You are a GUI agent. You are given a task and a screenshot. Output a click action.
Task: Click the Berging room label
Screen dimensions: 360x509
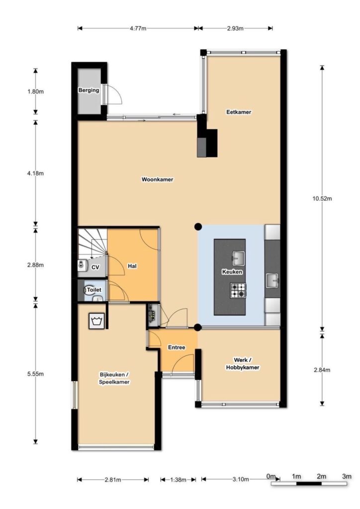[89, 90]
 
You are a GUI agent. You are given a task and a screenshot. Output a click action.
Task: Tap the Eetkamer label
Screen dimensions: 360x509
[239, 112]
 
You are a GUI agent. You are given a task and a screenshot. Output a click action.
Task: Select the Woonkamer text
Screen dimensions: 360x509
[158, 179]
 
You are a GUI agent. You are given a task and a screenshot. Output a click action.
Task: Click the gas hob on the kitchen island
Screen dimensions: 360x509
[238, 290]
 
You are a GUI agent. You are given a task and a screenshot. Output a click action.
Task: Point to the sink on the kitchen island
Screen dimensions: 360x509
[238, 258]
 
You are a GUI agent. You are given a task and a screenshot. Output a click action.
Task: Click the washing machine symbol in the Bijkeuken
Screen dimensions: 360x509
[96, 321]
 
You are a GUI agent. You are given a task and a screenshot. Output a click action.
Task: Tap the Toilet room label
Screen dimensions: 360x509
[94, 290]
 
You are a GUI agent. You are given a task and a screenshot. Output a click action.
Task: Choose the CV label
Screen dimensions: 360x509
[95, 267]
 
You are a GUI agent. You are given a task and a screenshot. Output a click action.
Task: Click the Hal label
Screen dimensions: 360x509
[132, 266]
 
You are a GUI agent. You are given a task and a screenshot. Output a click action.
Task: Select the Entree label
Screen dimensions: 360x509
[177, 347]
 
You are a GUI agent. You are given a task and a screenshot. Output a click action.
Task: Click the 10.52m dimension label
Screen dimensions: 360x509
[322, 199]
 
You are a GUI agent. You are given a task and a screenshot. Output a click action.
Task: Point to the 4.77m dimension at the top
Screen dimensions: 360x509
[138, 28]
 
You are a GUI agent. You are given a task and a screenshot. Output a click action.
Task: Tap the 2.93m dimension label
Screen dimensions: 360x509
[235, 28]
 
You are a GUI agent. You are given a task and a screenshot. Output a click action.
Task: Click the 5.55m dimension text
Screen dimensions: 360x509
[36, 374]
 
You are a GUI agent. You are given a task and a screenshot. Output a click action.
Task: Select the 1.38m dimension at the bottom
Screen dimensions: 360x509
[178, 480]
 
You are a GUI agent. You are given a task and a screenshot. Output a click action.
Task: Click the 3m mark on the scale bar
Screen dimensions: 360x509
[347, 477]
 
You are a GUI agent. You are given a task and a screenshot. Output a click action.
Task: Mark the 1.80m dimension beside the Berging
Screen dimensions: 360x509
[36, 91]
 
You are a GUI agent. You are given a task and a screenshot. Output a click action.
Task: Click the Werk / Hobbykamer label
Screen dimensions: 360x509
[243, 363]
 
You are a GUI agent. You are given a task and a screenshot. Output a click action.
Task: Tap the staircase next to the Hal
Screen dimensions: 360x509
[92, 244]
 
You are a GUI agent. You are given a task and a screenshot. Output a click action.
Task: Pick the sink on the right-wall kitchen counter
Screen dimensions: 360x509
[272, 280]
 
